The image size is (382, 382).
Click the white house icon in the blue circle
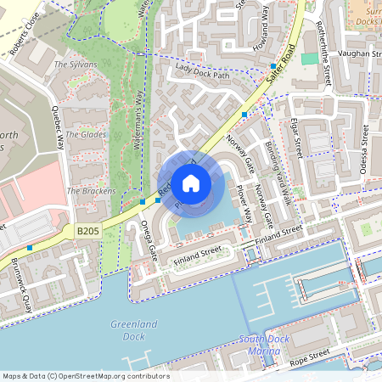tap(191, 183)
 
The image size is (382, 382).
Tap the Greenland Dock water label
tap(128, 329)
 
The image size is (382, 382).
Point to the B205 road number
tap(87, 230)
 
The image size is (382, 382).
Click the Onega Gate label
tap(149, 240)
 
